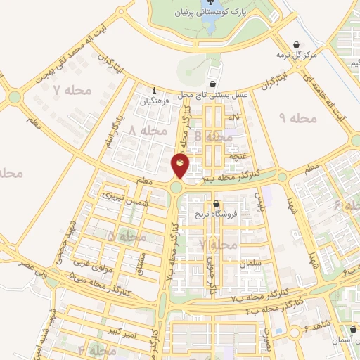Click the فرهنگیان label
tap(155, 101)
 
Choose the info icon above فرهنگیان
tap(155, 89)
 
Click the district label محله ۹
tap(298, 118)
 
